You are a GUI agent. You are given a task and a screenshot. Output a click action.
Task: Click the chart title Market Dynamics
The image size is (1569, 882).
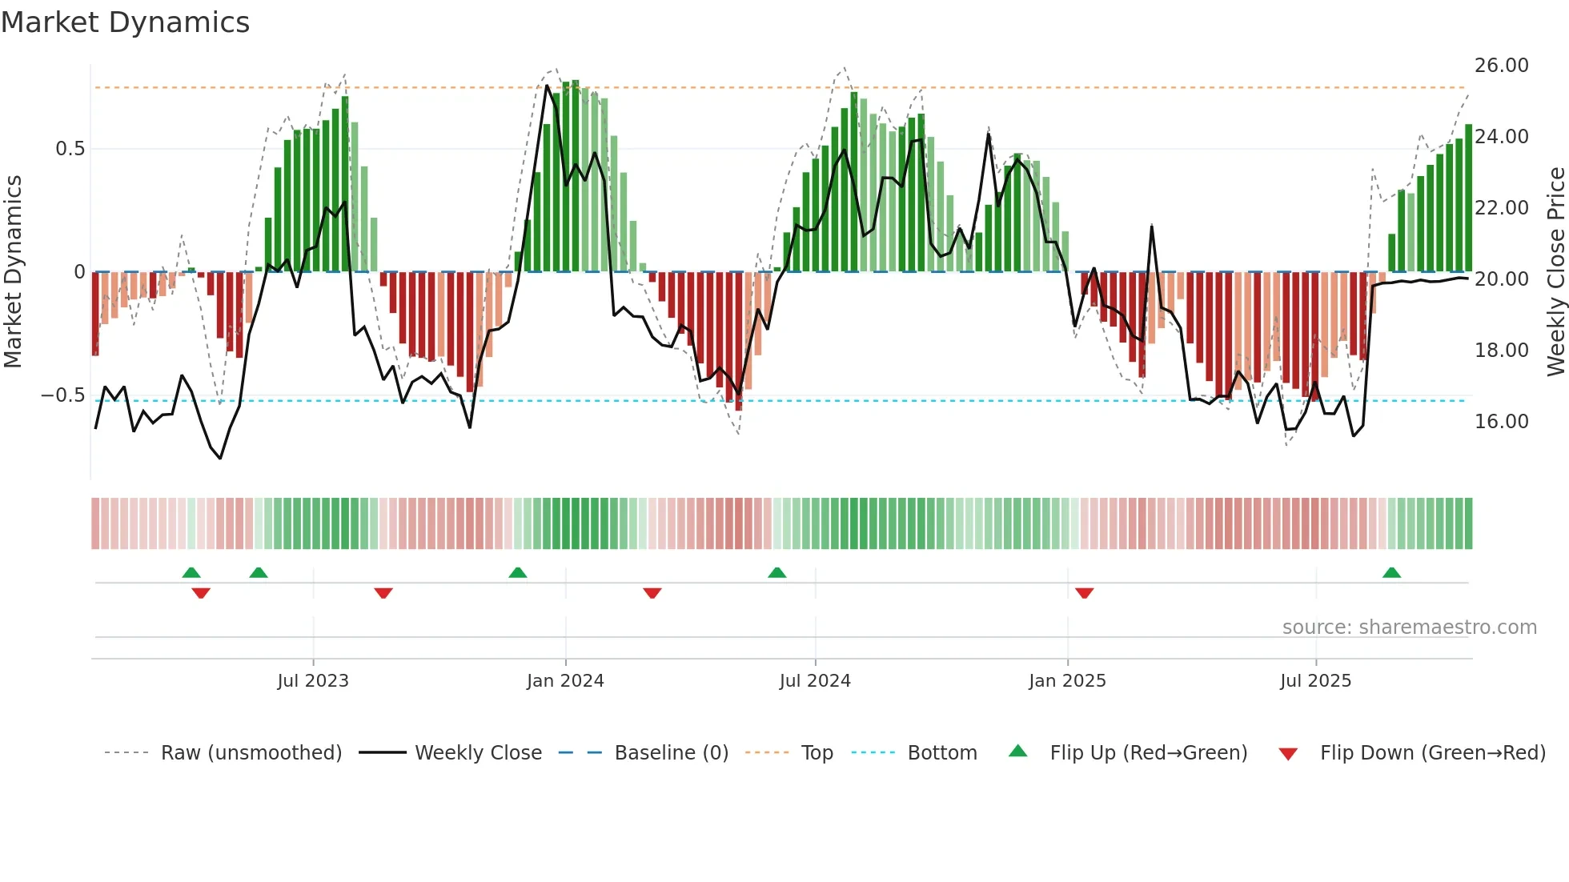click(x=125, y=22)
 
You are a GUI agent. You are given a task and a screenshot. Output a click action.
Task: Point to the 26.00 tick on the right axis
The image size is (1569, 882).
click(x=1501, y=66)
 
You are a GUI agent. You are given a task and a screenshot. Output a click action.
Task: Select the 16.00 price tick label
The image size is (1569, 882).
click(x=1501, y=422)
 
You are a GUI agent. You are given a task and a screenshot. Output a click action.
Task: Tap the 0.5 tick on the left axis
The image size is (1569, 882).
click(x=70, y=149)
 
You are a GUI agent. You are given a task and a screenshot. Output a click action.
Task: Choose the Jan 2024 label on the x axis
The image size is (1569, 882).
click(x=565, y=681)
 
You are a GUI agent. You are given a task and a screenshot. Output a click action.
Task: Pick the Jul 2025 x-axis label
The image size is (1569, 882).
click(x=1315, y=681)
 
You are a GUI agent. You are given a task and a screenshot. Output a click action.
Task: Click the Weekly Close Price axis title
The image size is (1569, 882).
click(x=1555, y=272)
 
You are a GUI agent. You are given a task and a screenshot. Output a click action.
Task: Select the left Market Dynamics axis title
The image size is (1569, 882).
click(x=13, y=272)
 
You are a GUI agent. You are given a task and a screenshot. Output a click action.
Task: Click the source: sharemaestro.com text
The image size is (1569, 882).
click(x=1409, y=627)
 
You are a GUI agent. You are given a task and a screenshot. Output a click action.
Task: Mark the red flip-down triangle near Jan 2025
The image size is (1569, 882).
click(x=1084, y=593)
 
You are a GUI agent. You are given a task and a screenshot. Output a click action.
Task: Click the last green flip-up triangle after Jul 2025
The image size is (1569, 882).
click(x=1391, y=572)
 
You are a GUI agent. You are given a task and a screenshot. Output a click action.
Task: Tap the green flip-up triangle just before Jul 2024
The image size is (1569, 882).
click(x=776, y=572)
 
